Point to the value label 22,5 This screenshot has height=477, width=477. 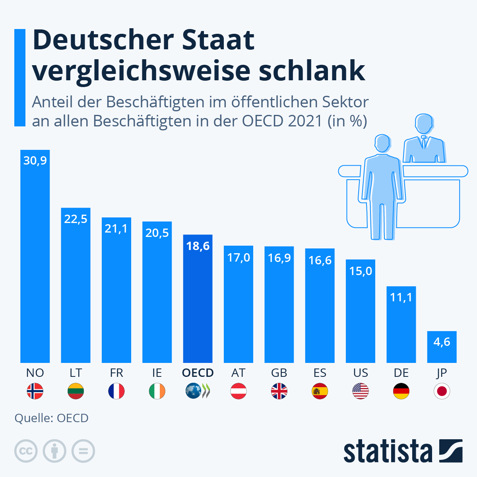coord(76,219)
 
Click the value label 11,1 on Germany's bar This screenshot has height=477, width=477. coord(401,297)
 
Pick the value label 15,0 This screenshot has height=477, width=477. coord(361,271)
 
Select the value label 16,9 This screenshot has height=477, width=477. coord(279,258)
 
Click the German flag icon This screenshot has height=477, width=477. coord(401,391)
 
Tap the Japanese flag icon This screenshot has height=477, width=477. coord(442,391)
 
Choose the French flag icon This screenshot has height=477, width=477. coord(116,391)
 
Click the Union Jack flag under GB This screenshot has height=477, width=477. coord(279,391)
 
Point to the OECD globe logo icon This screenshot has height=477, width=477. coord(194,391)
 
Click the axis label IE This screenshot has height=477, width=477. coord(157,373)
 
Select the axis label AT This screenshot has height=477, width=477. coord(238,373)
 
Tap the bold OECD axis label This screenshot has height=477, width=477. coord(198,373)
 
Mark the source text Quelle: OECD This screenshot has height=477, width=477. coord(51,418)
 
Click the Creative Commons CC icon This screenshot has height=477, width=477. coord(26,451)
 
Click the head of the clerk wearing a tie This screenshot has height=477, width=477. coord(424,125)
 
